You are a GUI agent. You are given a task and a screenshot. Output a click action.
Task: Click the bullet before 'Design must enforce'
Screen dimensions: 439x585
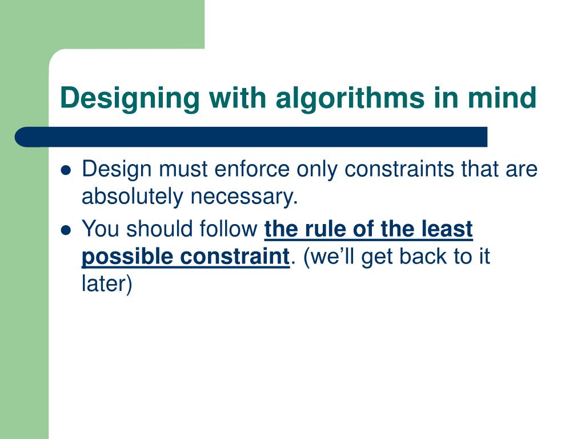(66, 170)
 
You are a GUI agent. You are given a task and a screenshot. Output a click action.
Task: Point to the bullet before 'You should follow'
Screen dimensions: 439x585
(66, 230)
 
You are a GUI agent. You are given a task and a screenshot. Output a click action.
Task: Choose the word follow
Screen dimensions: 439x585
(227, 229)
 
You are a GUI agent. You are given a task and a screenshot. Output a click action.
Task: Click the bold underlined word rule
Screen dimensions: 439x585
(321, 229)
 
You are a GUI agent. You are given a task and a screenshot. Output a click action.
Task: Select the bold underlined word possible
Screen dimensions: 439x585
(127, 257)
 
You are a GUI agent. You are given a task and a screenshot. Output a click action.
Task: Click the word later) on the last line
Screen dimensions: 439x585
(107, 284)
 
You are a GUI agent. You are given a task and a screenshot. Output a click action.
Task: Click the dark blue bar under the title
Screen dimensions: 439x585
(251, 137)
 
